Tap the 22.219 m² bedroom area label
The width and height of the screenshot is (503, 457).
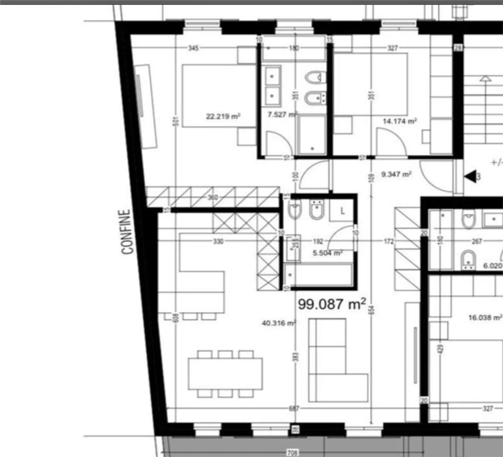click(223, 116)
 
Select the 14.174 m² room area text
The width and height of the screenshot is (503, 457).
click(400, 121)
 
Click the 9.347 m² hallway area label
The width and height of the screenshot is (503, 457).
click(396, 174)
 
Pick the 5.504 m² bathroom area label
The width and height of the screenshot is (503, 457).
click(327, 253)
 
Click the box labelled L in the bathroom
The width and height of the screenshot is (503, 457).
click(342, 211)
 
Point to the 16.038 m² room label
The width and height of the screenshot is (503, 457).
click(485, 318)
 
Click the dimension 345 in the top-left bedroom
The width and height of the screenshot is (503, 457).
click(194, 48)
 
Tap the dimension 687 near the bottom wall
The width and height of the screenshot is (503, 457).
click(294, 408)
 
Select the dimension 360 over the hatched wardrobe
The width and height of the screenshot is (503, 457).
click(213, 197)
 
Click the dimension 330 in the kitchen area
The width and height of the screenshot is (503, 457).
click(218, 241)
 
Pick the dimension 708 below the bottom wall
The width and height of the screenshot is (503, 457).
click(292, 453)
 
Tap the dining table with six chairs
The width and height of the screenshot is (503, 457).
click(225, 374)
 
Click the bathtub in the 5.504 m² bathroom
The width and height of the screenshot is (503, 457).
click(318, 275)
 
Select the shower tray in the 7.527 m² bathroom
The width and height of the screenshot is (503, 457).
click(311, 135)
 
